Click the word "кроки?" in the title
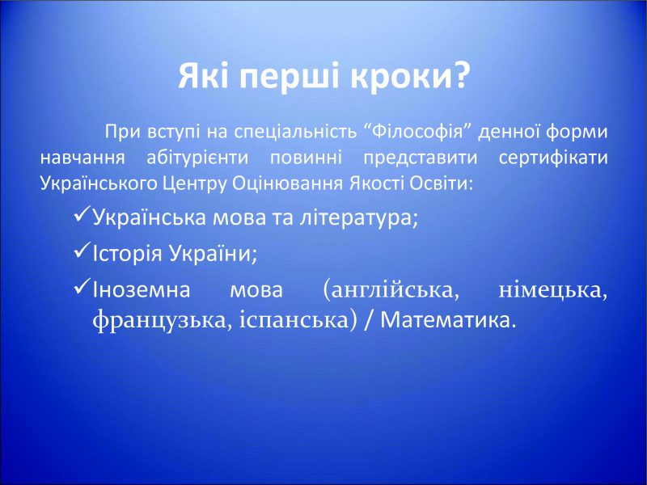click(x=410, y=76)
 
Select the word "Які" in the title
click(x=201, y=75)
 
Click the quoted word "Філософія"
click(x=418, y=132)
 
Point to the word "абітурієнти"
click(x=197, y=158)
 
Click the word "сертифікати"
click(x=553, y=158)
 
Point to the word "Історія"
click(x=128, y=253)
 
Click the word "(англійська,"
click(x=391, y=290)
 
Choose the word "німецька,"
click(x=553, y=290)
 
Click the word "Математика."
click(x=449, y=320)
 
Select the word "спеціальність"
click(x=296, y=133)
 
